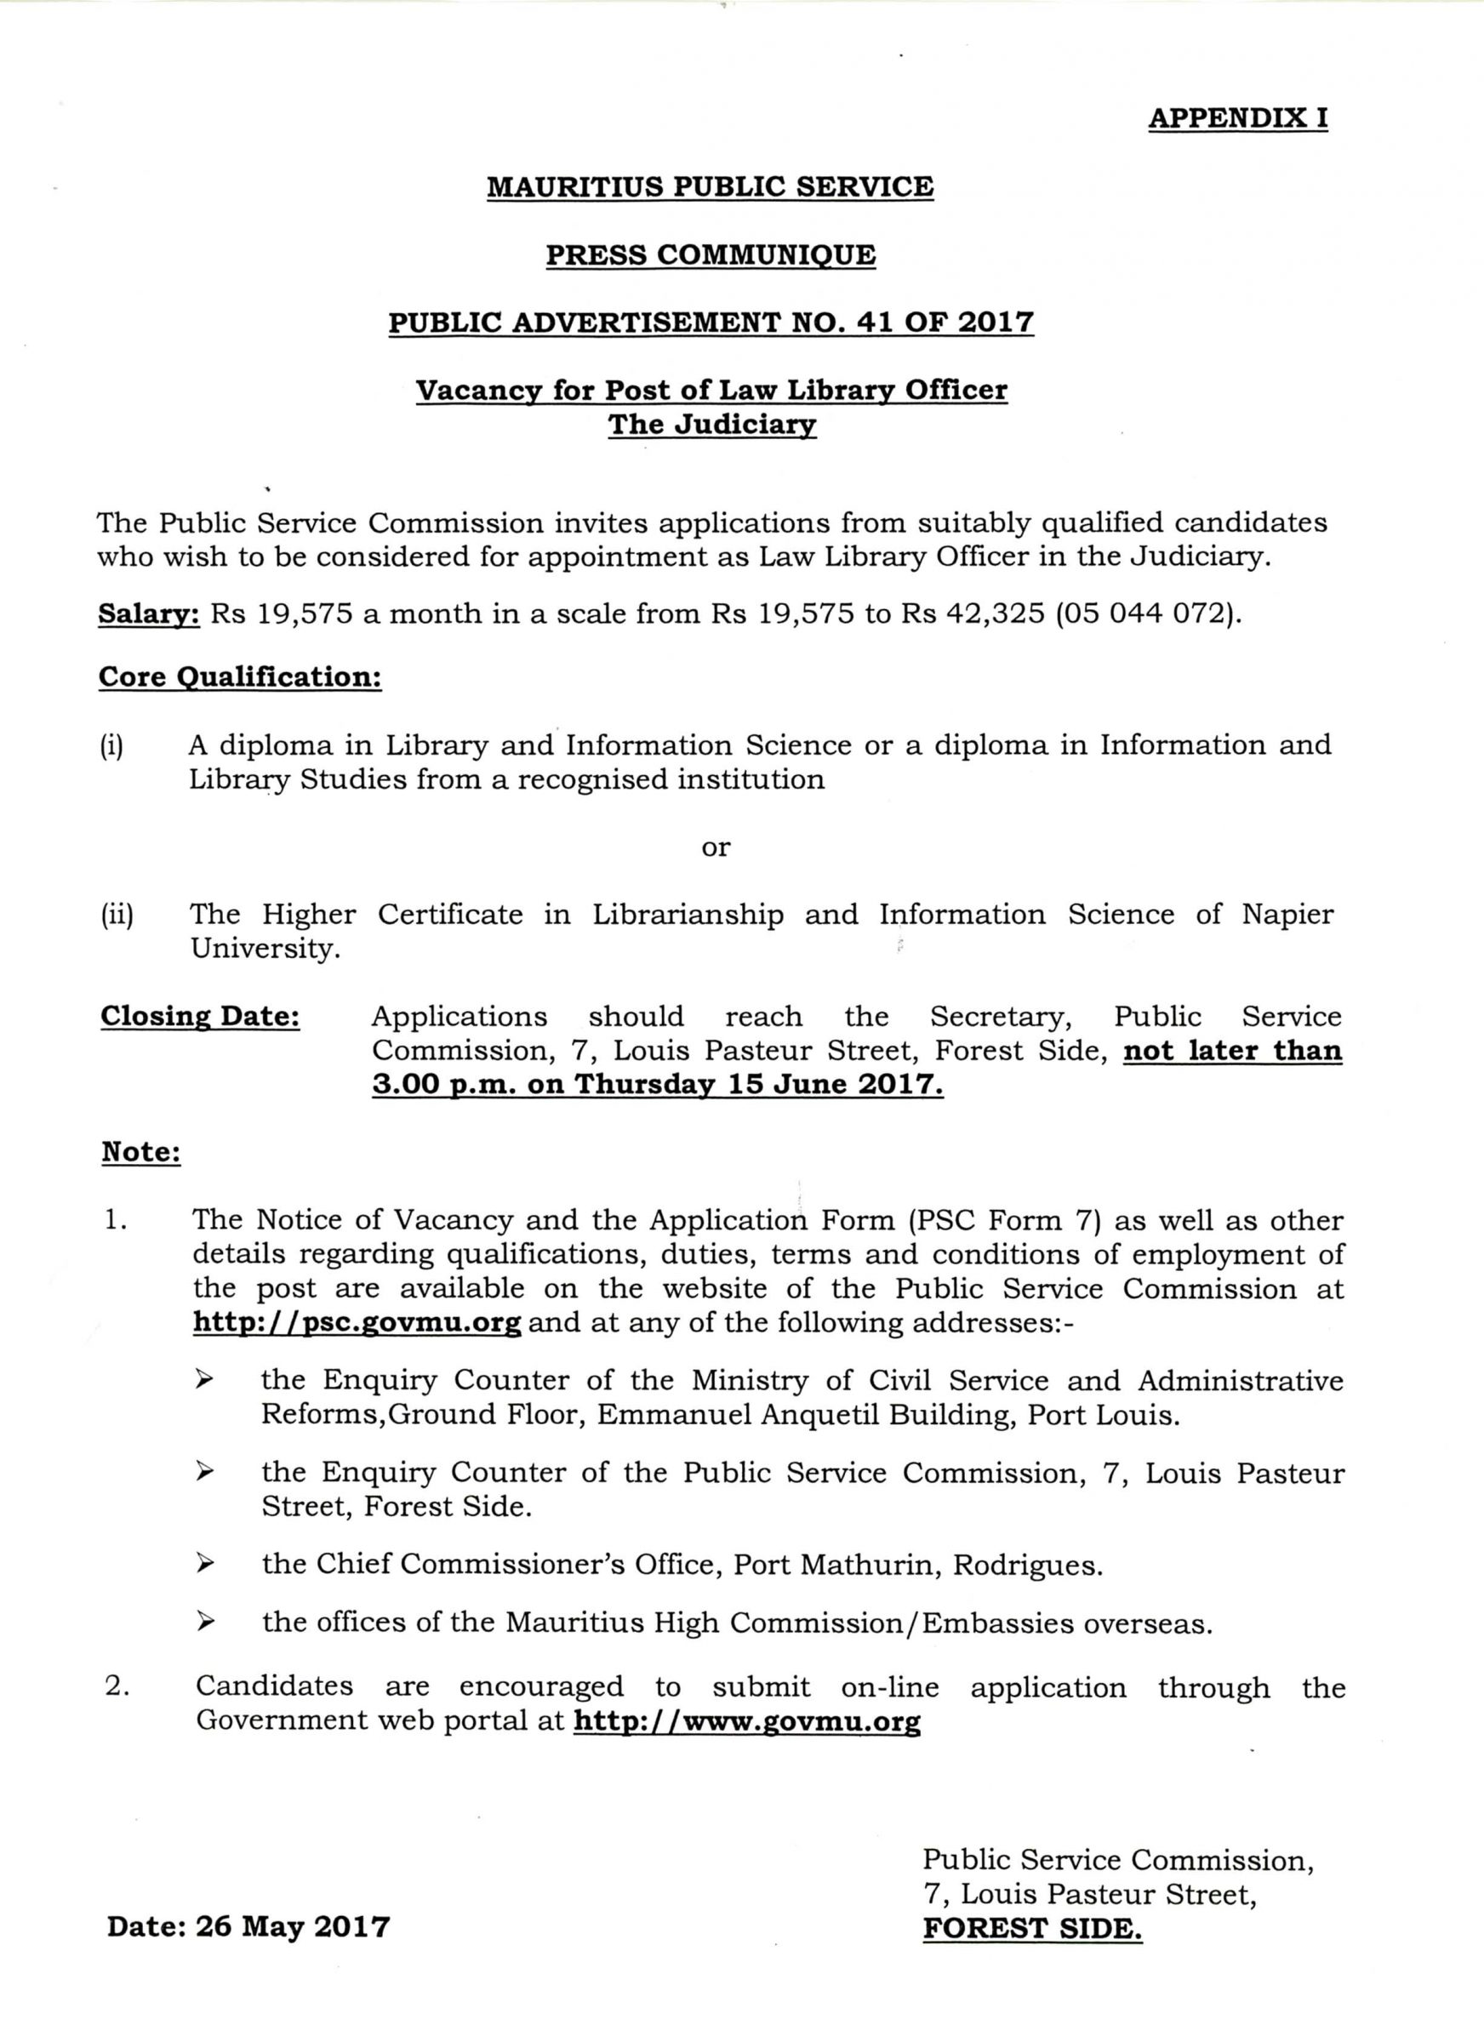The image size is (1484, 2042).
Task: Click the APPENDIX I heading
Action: click(1237, 118)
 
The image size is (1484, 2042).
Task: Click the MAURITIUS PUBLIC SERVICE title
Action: click(710, 187)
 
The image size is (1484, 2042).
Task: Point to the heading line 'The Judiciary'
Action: click(711, 424)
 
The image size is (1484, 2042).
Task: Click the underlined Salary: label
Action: click(149, 614)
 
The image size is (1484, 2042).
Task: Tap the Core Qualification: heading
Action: click(239, 677)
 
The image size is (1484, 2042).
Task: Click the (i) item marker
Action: click(111, 746)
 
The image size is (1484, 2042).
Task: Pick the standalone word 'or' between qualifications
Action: click(716, 847)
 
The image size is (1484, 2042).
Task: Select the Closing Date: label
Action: click(200, 1017)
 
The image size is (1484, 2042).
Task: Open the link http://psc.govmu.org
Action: click(357, 1322)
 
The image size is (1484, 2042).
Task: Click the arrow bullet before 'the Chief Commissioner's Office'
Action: click(206, 1564)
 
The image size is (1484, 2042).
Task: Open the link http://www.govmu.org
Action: click(746, 1721)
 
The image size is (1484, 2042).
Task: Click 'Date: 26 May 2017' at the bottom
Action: click(248, 1927)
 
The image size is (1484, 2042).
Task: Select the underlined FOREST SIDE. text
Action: click(1032, 1929)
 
